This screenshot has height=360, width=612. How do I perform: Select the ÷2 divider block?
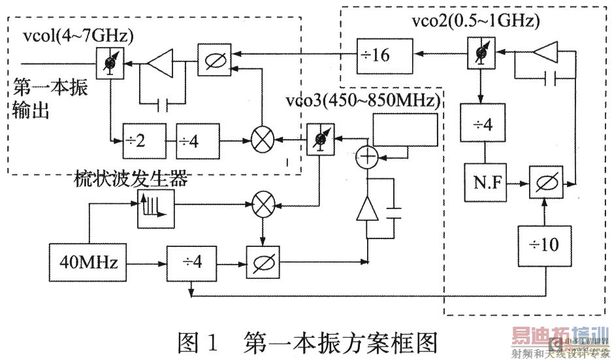pos(140,139)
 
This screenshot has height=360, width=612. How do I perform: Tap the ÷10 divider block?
pos(545,244)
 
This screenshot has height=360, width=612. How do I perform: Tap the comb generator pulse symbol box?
pos(155,209)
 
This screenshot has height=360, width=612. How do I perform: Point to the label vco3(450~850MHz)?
pos(363,101)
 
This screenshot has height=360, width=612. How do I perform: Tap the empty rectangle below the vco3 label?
pos(404,130)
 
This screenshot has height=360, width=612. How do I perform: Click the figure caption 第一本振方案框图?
pos(340,341)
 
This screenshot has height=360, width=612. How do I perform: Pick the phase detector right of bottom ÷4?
pos(263,263)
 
